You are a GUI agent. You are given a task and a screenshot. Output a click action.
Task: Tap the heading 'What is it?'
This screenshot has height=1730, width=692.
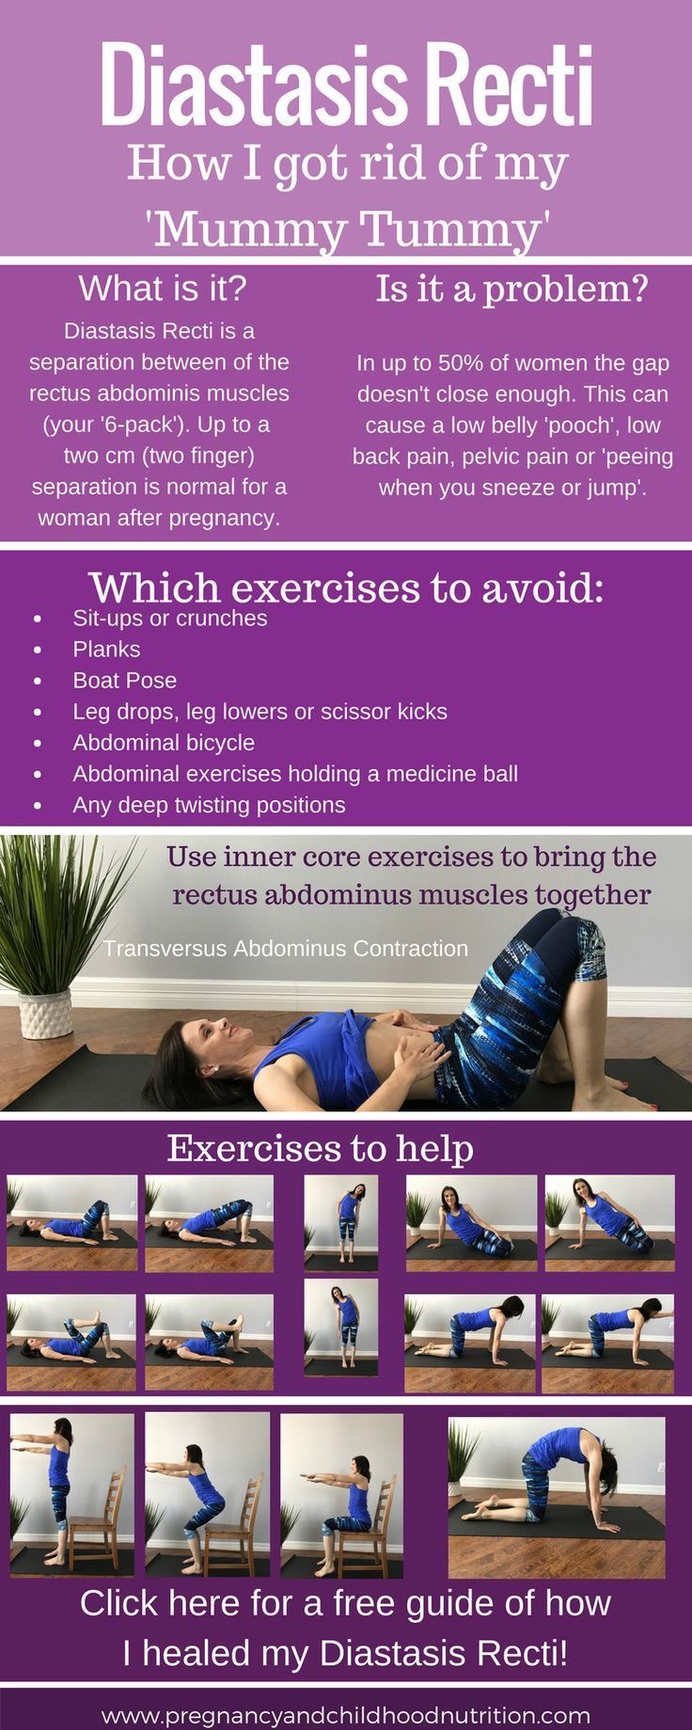pyautogui.click(x=162, y=288)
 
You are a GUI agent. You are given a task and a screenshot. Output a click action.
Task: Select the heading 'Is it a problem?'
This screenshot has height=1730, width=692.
pyautogui.click(x=512, y=288)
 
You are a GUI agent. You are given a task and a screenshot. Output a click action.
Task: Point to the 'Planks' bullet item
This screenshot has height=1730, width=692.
pyautogui.click(x=106, y=649)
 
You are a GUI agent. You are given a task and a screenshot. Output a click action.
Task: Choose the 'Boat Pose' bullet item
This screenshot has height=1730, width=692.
pyautogui.click(x=124, y=680)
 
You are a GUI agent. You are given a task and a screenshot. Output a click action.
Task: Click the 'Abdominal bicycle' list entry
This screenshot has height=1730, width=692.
pyautogui.click(x=164, y=742)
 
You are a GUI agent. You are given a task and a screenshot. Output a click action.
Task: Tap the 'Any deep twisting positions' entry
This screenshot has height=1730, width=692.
pyautogui.click(x=209, y=805)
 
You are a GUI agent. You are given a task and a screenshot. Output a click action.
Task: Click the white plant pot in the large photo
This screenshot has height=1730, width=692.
pyautogui.click(x=44, y=1014)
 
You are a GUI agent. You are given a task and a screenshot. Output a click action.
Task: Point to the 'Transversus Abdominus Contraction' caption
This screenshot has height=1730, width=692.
pyautogui.click(x=286, y=948)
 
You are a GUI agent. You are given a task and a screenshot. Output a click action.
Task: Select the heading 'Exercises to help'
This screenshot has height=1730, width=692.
pyautogui.click(x=320, y=1148)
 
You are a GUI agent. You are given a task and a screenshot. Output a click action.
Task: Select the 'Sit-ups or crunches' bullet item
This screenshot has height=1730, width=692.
pyautogui.click(x=170, y=618)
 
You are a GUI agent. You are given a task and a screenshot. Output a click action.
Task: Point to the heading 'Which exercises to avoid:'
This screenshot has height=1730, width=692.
pyautogui.click(x=346, y=588)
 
